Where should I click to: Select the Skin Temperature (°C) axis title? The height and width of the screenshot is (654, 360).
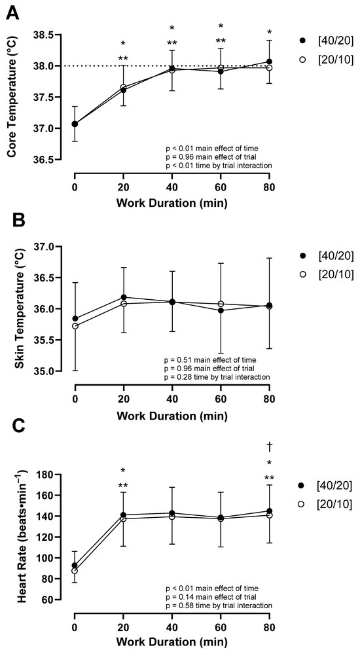coord(12,309)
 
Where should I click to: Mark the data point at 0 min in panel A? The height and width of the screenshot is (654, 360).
coord(75,124)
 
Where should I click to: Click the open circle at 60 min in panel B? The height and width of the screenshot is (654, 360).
coord(221,304)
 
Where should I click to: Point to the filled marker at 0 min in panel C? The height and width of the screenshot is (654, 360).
coord(75,565)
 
